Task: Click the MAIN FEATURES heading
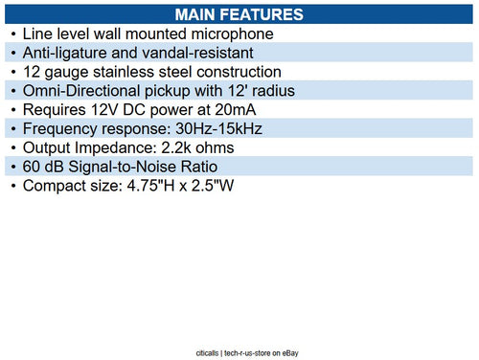coord(239,14)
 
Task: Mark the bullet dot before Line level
coord(12,34)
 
